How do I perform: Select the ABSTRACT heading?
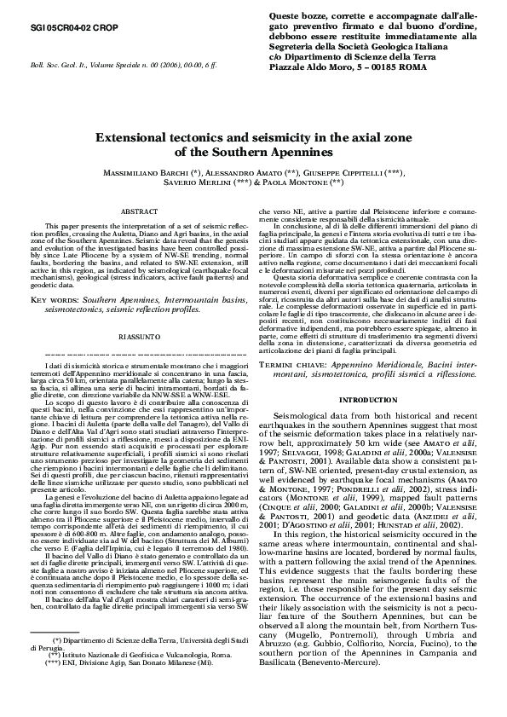(x=137, y=210)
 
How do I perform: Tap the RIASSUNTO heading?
(x=137, y=312)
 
